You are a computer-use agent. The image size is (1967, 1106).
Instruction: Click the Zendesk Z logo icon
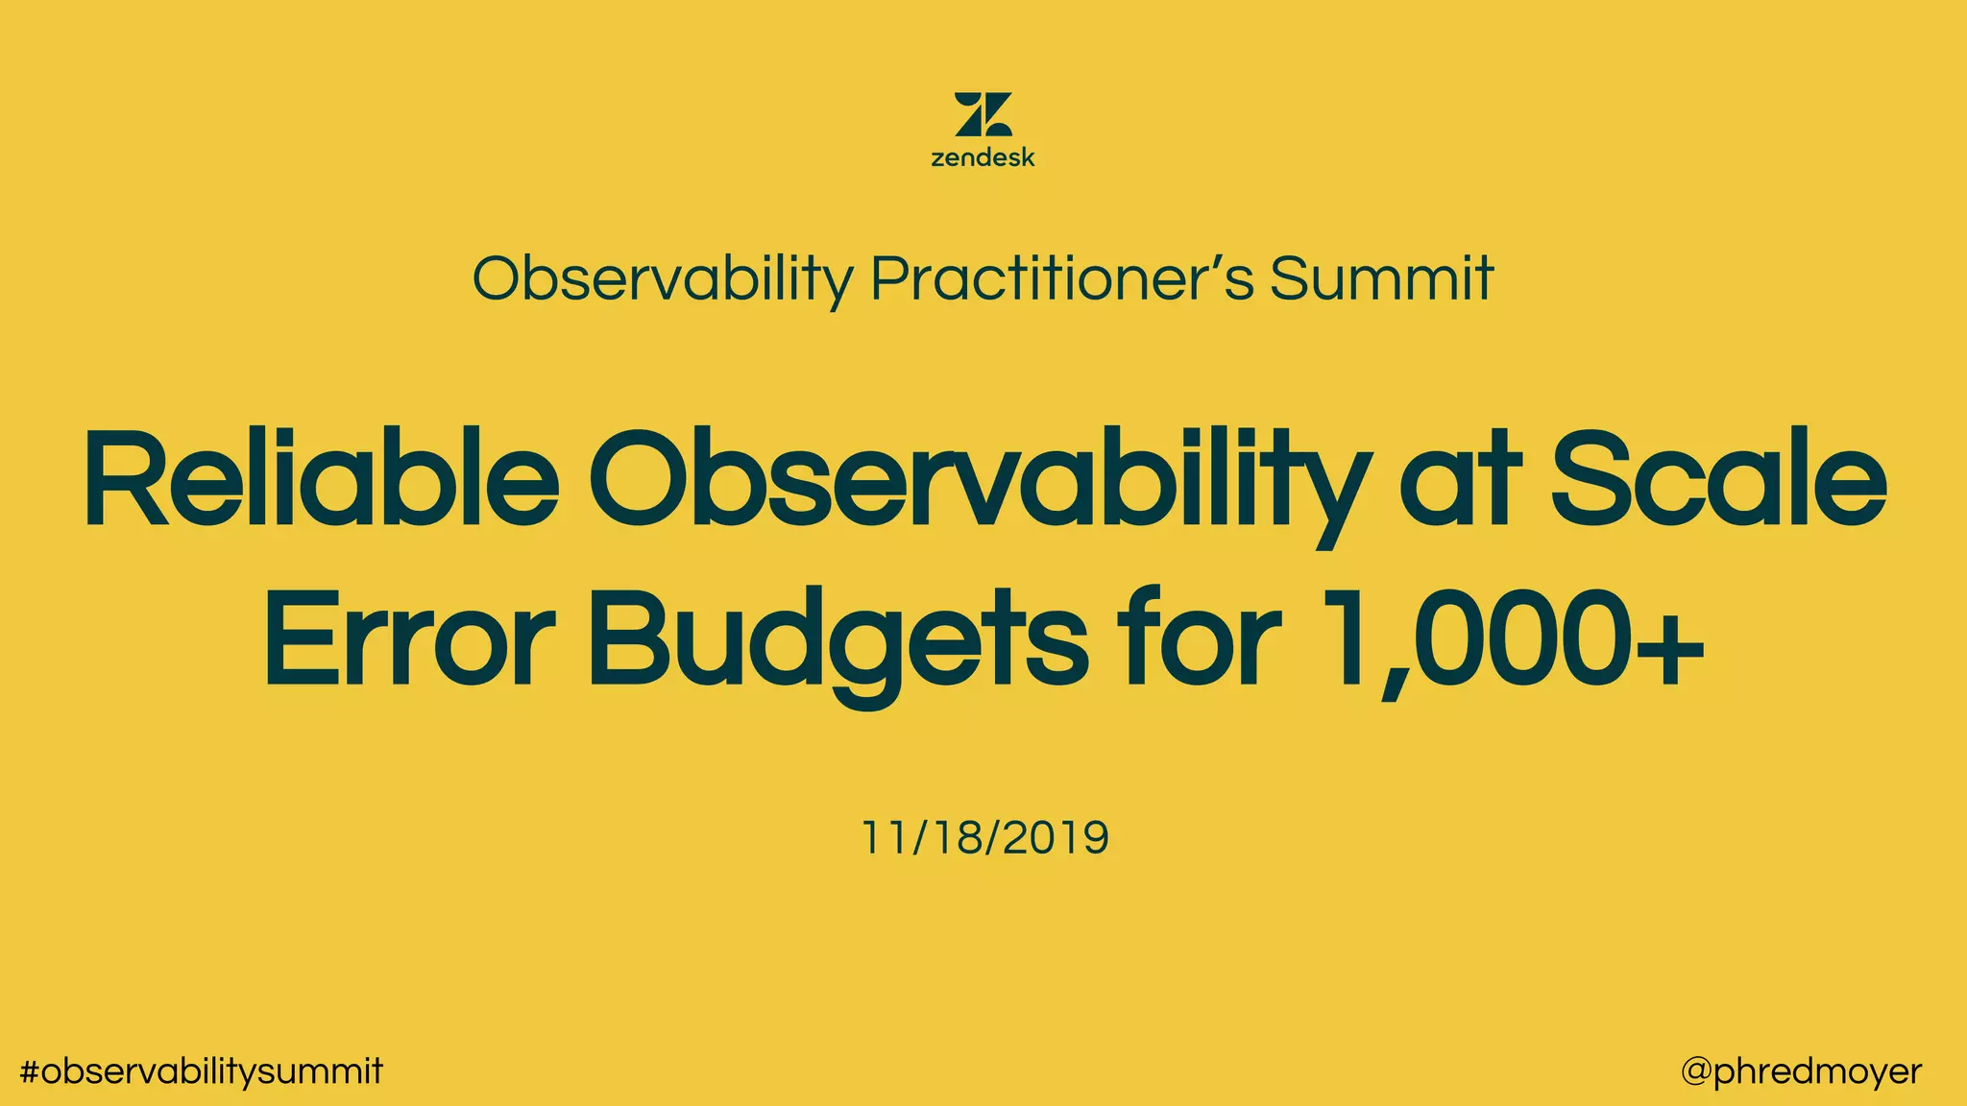pyautogui.click(x=983, y=114)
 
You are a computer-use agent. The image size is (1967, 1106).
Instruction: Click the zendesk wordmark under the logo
pyautogui.click(x=983, y=157)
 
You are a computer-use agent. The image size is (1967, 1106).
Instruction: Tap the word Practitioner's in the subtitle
pyautogui.click(x=1062, y=278)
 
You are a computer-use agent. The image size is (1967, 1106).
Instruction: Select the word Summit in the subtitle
pyautogui.click(x=1381, y=278)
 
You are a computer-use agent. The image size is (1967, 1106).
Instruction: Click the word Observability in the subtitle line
pyautogui.click(x=662, y=278)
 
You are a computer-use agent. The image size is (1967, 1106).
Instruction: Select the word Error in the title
pyautogui.click(x=409, y=638)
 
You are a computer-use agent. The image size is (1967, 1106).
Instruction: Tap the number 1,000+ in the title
pyautogui.click(x=1513, y=638)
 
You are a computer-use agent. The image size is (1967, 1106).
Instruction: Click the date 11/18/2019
pyautogui.click(x=984, y=837)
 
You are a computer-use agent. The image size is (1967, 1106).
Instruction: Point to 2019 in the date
pyautogui.click(x=1056, y=837)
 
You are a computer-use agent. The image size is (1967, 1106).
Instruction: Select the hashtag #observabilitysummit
pyautogui.click(x=202, y=1071)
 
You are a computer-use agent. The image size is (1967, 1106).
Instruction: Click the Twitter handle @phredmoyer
pyautogui.click(x=1801, y=1071)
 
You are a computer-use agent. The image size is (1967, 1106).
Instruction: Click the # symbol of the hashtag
pyautogui.click(x=30, y=1071)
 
